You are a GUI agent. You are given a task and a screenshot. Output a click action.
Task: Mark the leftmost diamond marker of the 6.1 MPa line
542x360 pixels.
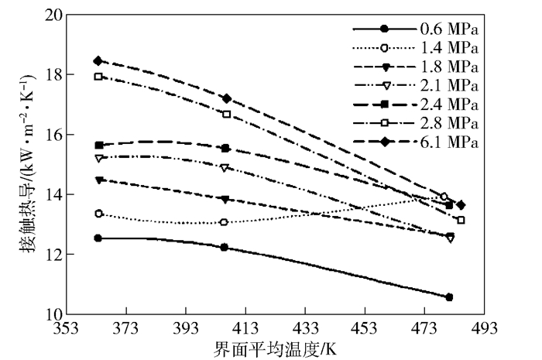98,60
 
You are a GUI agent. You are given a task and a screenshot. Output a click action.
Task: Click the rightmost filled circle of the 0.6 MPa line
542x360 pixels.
449,297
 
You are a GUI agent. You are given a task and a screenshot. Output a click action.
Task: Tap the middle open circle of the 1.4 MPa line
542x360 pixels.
224,222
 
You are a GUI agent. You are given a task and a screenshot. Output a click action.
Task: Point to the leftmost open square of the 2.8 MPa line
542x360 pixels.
98,77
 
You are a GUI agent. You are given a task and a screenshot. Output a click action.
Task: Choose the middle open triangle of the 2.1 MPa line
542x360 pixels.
225,167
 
